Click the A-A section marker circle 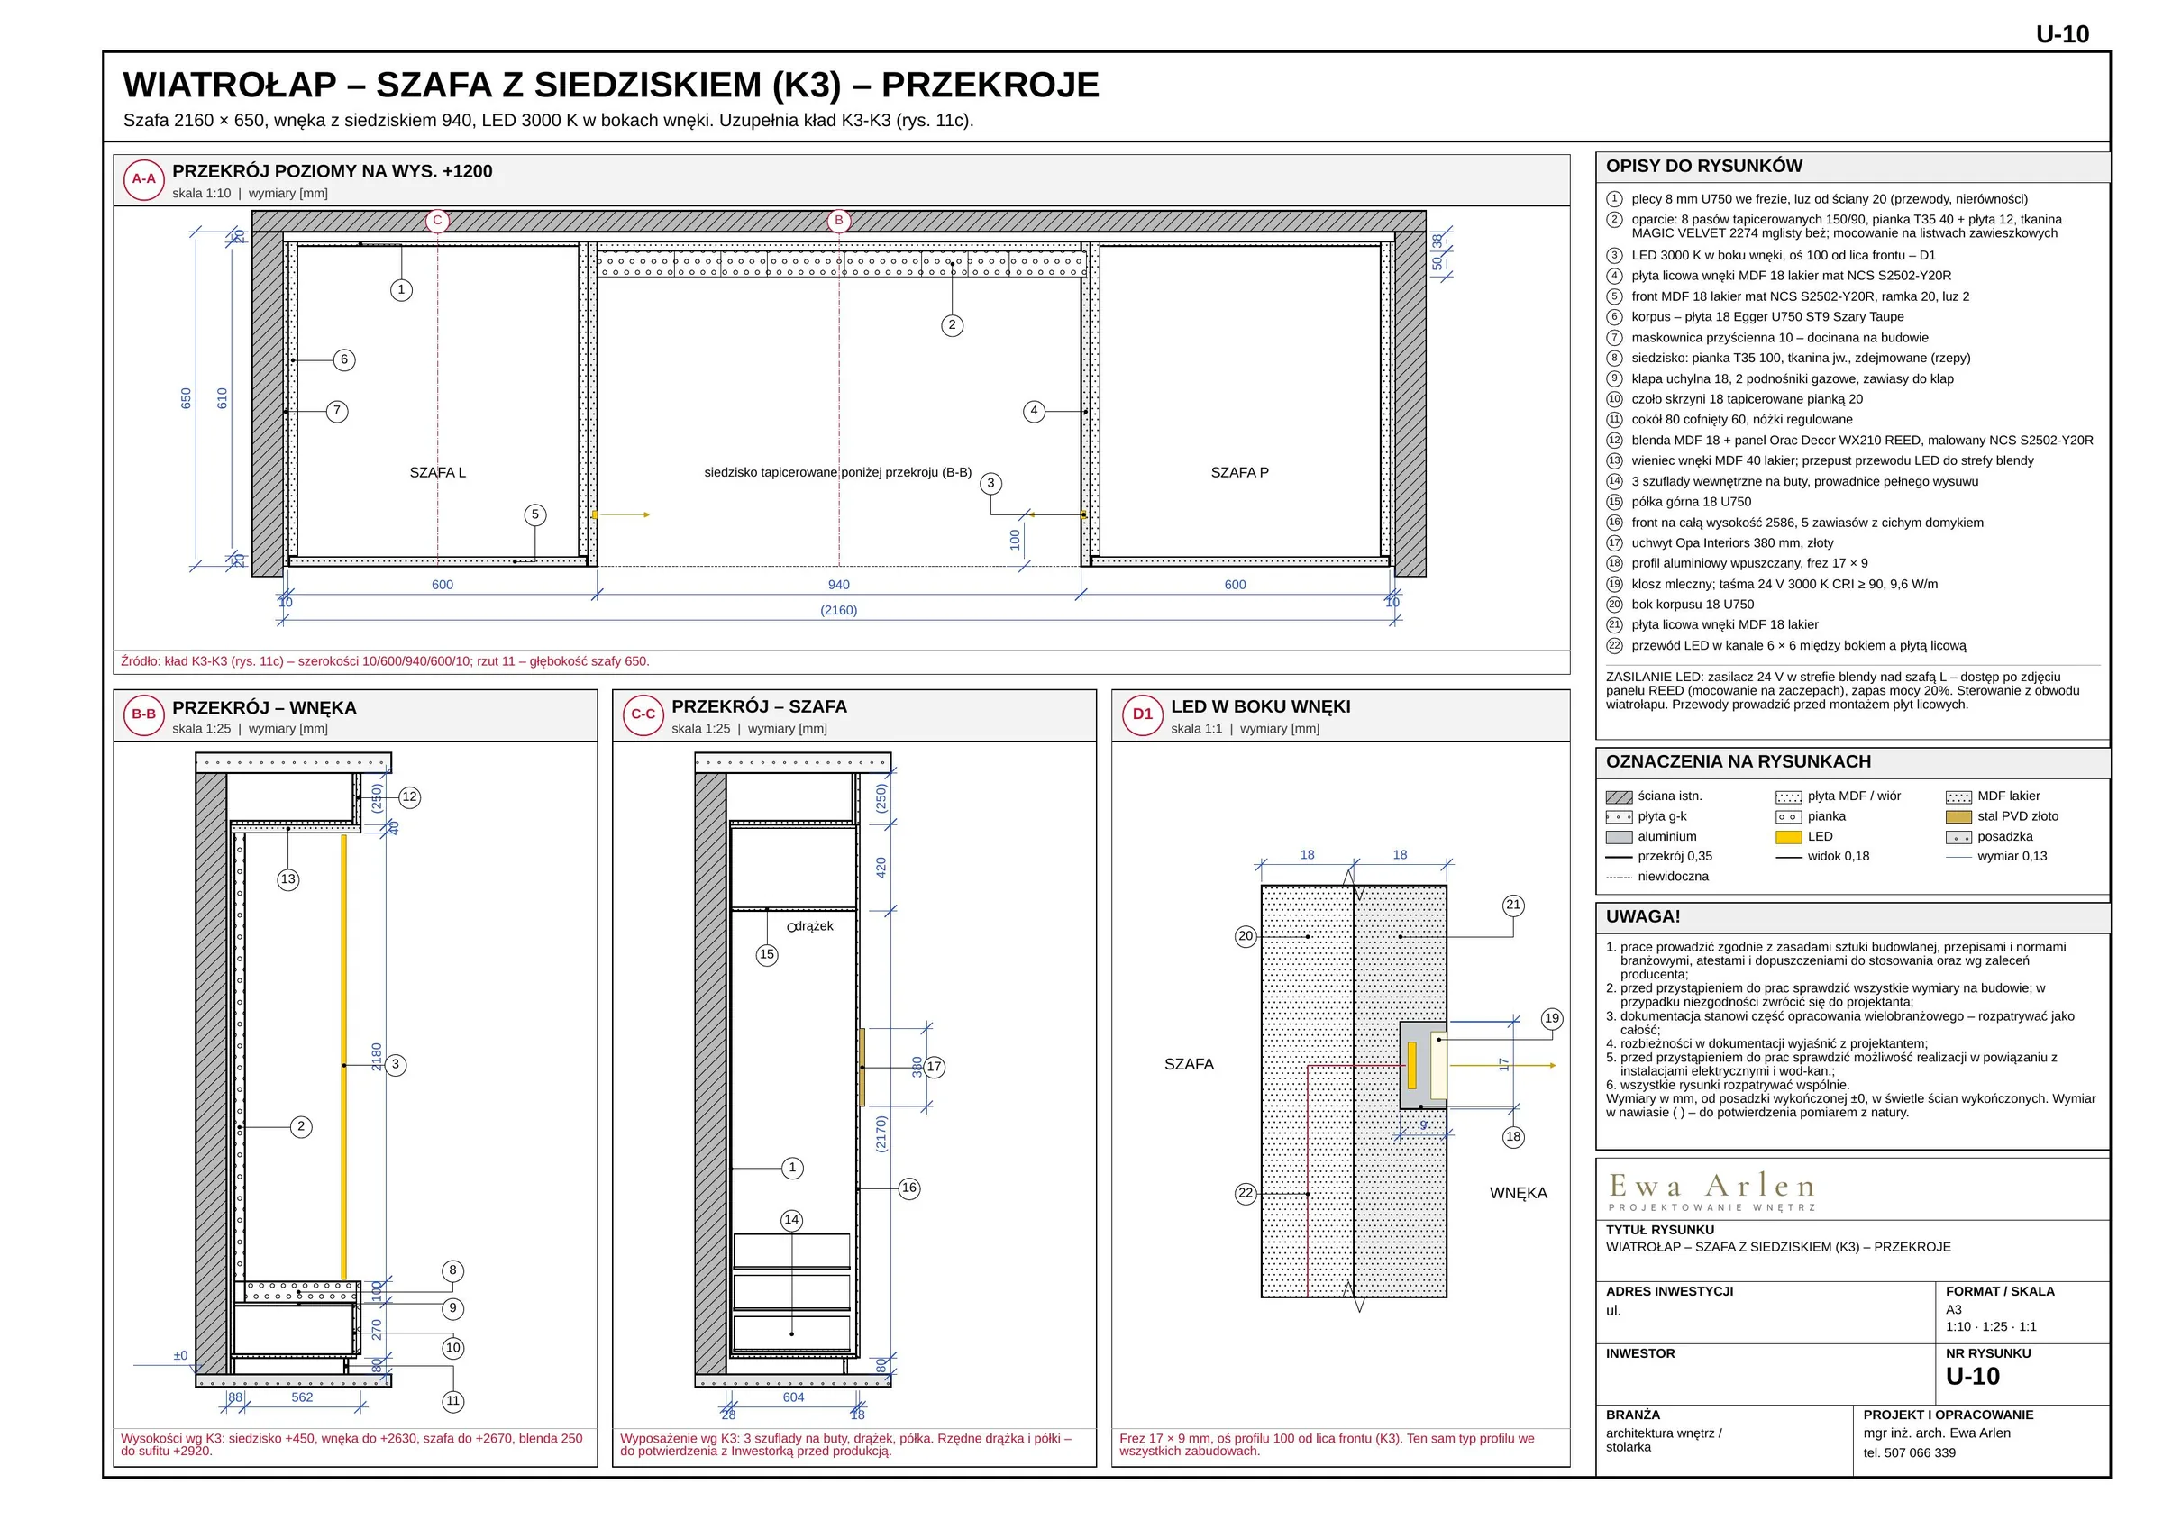[144, 179]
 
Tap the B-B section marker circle [144, 715]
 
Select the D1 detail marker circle [1143, 715]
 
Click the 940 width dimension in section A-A [838, 585]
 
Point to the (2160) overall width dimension [838, 611]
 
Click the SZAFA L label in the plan [438, 473]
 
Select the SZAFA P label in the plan [1240, 473]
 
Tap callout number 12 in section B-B [410, 797]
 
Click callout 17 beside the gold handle [934, 1068]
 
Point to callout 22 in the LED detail [1246, 1194]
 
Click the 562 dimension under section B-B [303, 1398]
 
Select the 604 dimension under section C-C [793, 1398]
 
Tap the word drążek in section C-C [814, 927]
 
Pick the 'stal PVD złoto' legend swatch [1958, 818]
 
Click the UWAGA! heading [1643, 916]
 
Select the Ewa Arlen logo [1711, 1191]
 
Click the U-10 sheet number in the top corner [2062, 35]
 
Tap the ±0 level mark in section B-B [181, 1357]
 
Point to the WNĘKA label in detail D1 [1519, 1194]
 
